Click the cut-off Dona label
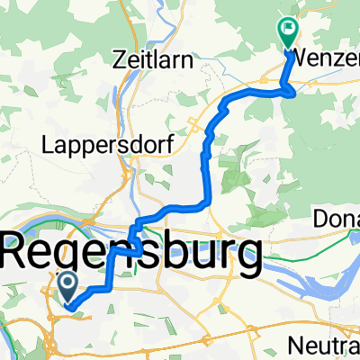(x=337, y=220)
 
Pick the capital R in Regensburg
(x=23, y=251)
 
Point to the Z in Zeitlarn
(x=120, y=61)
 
